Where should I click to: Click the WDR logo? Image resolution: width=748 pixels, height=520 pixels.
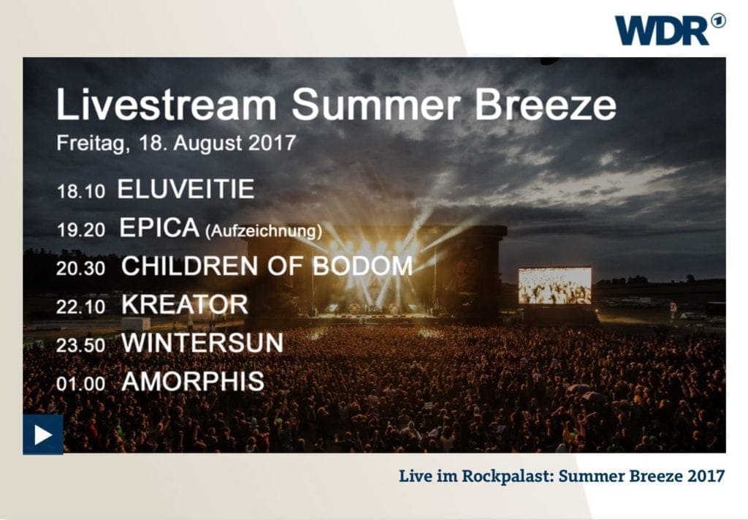pos(670,29)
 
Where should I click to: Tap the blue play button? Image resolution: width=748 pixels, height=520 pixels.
pos(43,434)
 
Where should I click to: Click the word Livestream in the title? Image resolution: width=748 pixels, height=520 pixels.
pos(167,104)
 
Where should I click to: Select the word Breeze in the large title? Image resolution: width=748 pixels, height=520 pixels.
pos(545,104)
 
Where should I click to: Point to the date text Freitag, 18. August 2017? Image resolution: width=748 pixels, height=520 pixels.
pos(176,143)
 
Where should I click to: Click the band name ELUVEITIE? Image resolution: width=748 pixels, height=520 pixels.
pos(186,189)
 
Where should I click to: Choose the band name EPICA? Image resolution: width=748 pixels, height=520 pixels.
pos(159,227)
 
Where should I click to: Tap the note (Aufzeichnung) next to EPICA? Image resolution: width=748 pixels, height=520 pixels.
pos(263,231)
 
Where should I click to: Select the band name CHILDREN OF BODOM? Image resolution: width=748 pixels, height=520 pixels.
pos(267,266)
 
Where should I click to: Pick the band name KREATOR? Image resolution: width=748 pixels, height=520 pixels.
pos(185,304)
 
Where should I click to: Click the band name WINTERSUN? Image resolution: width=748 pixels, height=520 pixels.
pos(203,343)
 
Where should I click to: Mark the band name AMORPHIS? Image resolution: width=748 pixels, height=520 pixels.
pos(193,382)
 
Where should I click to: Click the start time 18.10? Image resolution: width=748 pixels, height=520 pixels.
pos(80,192)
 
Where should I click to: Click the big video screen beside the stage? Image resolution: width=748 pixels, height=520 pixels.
pos(555,285)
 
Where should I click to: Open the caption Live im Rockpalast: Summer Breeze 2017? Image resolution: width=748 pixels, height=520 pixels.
pos(562,476)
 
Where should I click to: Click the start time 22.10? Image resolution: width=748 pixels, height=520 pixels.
pos(80,307)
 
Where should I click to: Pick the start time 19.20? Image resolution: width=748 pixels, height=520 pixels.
pos(80,230)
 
